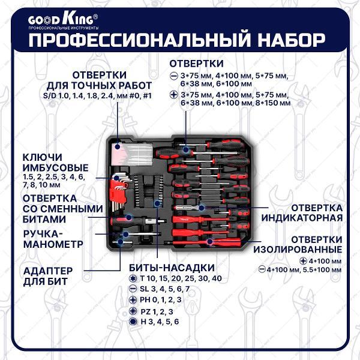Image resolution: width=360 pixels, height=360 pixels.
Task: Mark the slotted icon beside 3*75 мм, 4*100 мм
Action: tap(174, 76)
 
